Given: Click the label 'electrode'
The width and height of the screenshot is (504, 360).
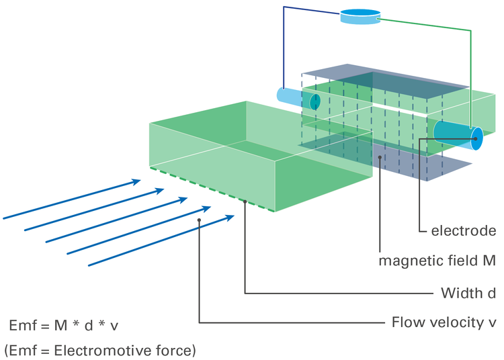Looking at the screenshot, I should (463, 231).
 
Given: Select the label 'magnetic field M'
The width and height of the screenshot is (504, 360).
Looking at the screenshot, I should (437, 261).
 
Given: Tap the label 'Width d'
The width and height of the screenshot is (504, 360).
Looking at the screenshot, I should (468, 293).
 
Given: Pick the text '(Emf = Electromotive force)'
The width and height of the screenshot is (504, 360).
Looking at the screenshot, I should (100, 350).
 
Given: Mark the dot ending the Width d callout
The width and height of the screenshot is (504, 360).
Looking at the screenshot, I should (246, 201).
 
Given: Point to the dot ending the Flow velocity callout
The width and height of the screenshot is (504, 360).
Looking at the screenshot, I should (200, 220).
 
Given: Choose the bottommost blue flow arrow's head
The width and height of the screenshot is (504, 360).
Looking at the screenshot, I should (231, 216).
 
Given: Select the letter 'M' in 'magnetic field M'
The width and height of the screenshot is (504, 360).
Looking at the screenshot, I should (490, 261).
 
